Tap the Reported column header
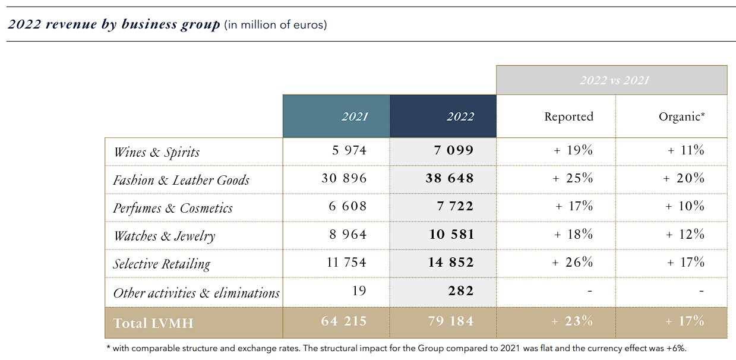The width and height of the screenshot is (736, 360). (x=568, y=117)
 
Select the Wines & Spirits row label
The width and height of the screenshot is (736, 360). (x=156, y=152)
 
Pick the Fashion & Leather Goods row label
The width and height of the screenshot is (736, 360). (x=181, y=180)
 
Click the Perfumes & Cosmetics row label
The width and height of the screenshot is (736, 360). (x=173, y=208)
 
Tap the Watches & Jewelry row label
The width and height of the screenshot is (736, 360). (x=164, y=236)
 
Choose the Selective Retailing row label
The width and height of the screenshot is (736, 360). (x=162, y=264)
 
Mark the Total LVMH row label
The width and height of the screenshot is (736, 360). (x=153, y=323)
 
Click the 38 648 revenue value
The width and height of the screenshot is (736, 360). (x=450, y=178)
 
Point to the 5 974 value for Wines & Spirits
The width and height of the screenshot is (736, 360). (x=349, y=150)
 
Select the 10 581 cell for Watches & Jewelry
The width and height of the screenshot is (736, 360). (x=451, y=234)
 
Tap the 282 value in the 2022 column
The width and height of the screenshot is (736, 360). (x=462, y=290)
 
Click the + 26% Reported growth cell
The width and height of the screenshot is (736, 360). (x=573, y=262)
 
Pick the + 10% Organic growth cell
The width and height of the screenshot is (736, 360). (x=685, y=206)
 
